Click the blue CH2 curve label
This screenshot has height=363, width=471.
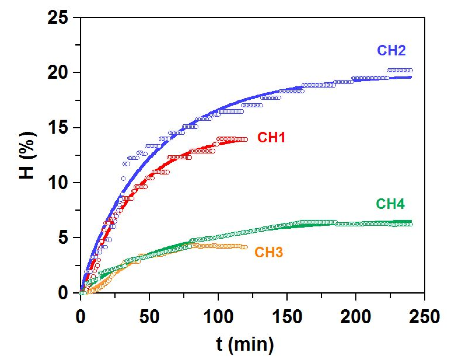[391, 50]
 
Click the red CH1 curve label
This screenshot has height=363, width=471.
[271, 137]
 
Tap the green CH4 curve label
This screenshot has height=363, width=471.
[390, 204]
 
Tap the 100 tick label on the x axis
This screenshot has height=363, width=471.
[218, 317]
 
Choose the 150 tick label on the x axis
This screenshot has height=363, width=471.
[287, 317]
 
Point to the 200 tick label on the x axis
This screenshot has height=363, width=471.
[356, 317]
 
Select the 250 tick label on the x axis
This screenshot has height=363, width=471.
[424, 317]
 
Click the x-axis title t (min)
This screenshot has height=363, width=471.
[245, 344]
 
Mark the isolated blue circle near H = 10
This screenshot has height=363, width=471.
[123, 179]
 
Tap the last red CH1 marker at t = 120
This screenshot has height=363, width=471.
[246, 139]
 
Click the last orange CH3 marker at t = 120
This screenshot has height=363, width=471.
[246, 247]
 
